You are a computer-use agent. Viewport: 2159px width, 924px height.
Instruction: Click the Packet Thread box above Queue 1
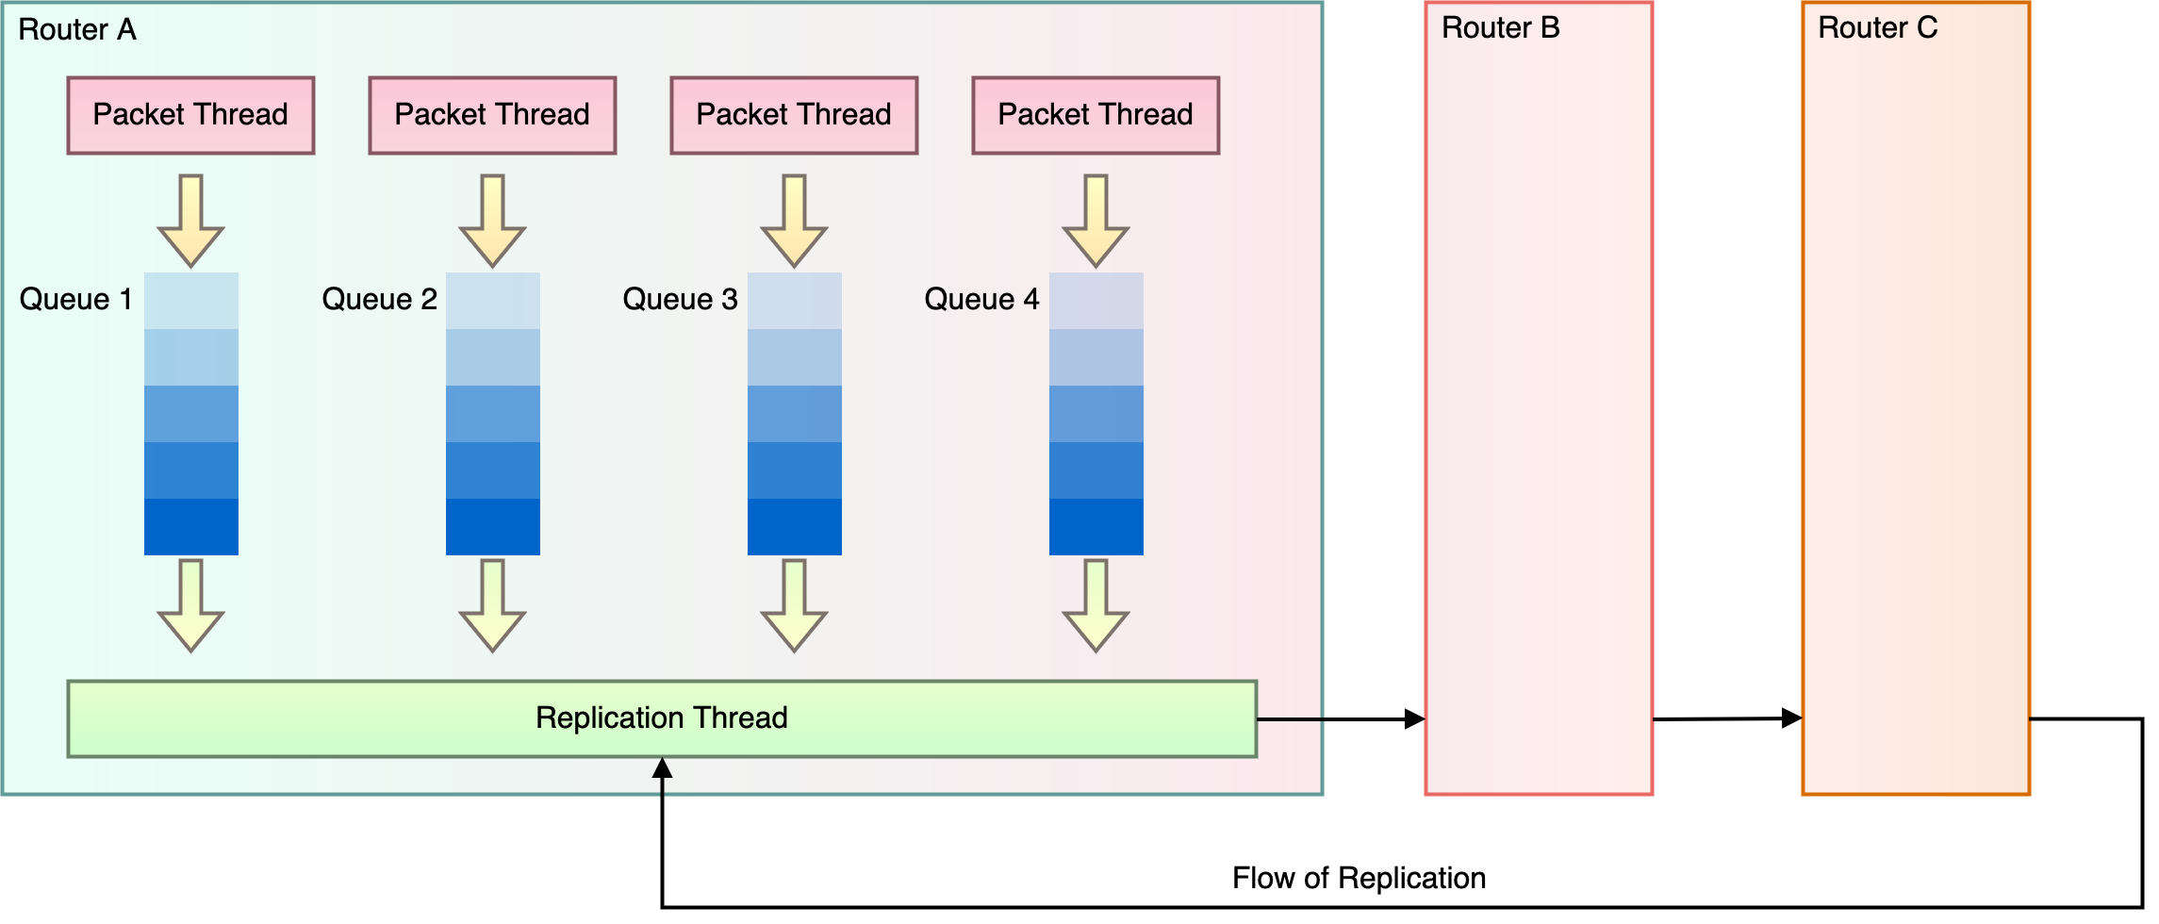coord(190,115)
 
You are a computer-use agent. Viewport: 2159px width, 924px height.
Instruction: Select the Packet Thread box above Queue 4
coord(1096,115)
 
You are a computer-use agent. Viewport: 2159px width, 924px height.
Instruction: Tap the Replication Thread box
coord(662,718)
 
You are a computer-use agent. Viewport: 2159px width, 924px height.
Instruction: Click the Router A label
coord(77,30)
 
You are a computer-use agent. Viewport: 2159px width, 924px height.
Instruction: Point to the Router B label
coord(1500,28)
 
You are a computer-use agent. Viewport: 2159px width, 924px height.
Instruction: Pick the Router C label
coord(1877,28)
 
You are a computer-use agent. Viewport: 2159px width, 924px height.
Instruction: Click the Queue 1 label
coord(75,300)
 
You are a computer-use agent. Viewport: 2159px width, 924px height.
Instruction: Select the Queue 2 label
coord(379,300)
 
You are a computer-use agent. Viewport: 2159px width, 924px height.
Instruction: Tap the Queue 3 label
coord(680,300)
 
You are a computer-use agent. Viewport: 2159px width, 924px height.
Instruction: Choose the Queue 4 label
coord(981,300)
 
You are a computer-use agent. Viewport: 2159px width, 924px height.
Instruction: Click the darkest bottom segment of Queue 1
coord(191,527)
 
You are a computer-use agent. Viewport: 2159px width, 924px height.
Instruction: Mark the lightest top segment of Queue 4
coord(1096,301)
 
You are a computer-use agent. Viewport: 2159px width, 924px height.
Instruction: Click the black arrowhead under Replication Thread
coord(662,768)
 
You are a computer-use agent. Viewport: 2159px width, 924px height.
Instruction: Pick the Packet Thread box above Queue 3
coord(794,115)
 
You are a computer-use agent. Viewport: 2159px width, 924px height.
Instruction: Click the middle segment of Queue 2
coord(493,414)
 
